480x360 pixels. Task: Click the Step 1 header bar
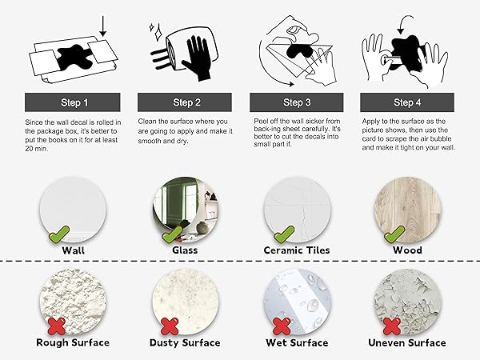coord(73,102)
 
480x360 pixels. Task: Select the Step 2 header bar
coord(185,102)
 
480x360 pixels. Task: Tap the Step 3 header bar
coord(297,102)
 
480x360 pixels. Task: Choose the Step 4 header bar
coord(407,102)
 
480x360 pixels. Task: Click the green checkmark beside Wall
coord(58,234)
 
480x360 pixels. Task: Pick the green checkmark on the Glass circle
coord(172,234)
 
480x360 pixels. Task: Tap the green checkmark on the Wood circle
coord(394,234)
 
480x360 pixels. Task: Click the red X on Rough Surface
coord(57,326)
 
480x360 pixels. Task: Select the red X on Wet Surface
coord(282,326)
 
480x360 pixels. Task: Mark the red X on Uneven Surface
coord(392,326)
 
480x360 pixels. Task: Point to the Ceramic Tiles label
coord(297,250)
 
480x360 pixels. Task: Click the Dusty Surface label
coord(185,342)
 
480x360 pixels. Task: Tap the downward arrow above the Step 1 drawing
coord(103,26)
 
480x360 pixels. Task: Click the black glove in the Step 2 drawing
coord(197,58)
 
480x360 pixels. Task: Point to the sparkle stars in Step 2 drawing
coord(156,31)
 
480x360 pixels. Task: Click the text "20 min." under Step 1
coord(37,149)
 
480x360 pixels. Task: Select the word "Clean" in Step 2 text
coord(147,122)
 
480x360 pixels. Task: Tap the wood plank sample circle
coord(407,210)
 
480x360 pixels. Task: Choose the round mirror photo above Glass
coord(186,210)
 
